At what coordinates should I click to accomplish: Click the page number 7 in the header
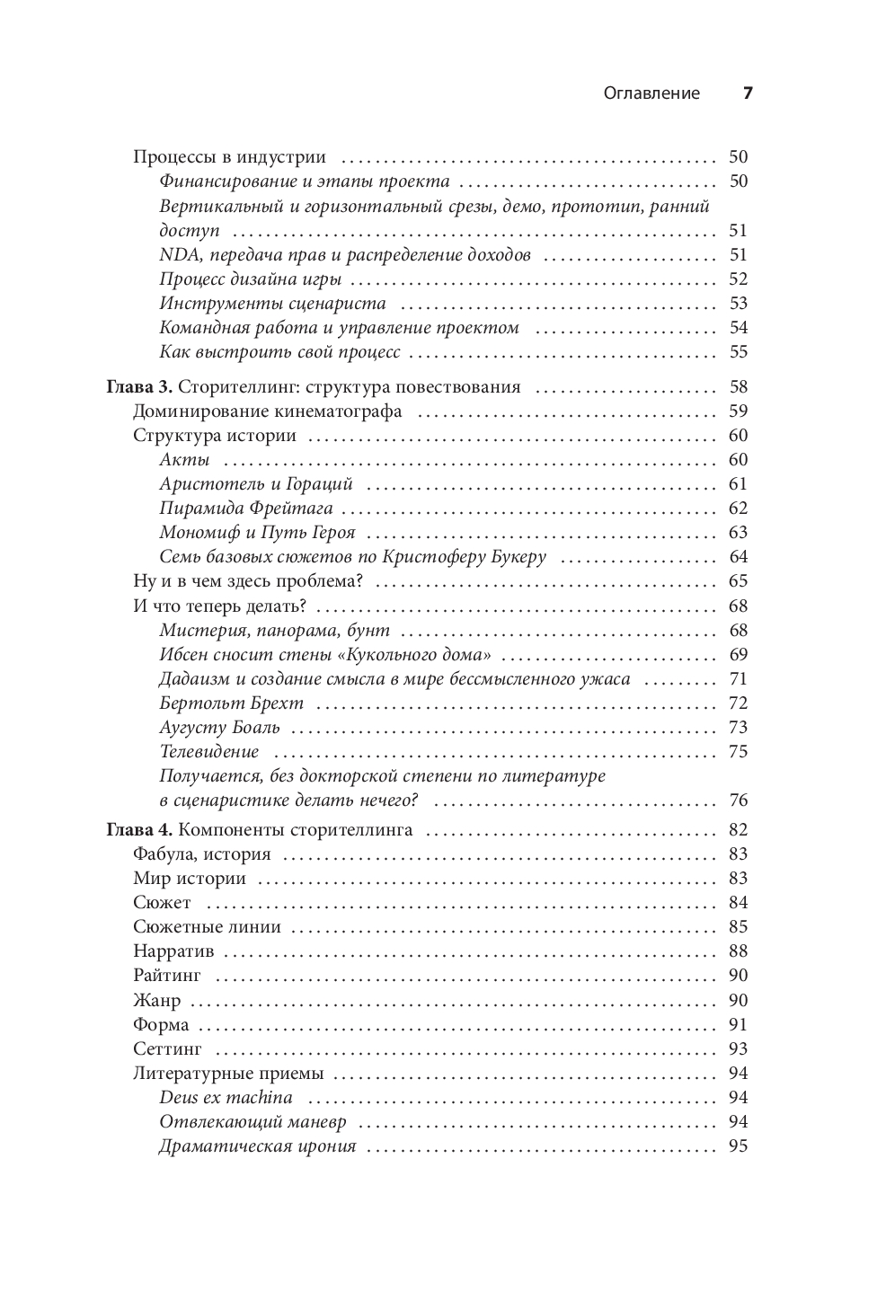coord(747,93)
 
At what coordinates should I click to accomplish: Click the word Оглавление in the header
coord(651,93)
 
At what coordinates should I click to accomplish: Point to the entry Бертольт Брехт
coord(232,703)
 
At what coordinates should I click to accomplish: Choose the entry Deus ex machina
coord(226,1097)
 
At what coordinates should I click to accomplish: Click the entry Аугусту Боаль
coord(220,727)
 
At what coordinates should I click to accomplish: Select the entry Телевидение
coord(209,751)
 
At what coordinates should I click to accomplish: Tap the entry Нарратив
coord(173,951)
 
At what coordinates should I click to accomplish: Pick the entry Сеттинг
coord(167,1048)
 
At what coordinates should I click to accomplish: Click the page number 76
coord(738,800)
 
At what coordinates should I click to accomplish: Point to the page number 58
coord(738,387)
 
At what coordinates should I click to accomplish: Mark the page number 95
coord(738,1146)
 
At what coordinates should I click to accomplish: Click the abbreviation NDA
coord(177,255)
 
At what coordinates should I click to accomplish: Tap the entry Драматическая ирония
coord(258,1146)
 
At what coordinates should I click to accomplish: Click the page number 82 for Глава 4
coord(738,829)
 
